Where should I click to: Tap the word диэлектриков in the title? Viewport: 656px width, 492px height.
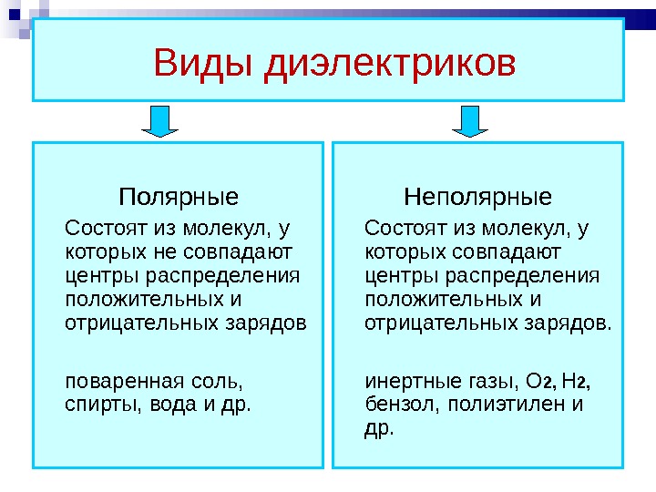pyautogui.click(x=389, y=66)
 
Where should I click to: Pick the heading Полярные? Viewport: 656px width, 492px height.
pyautogui.click(x=179, y=197)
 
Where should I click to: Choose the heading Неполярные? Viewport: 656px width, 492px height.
pyautogui.click(x=478, y=197)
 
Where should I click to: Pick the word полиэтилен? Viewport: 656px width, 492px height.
pyautogui.click(x=505, y=403)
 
